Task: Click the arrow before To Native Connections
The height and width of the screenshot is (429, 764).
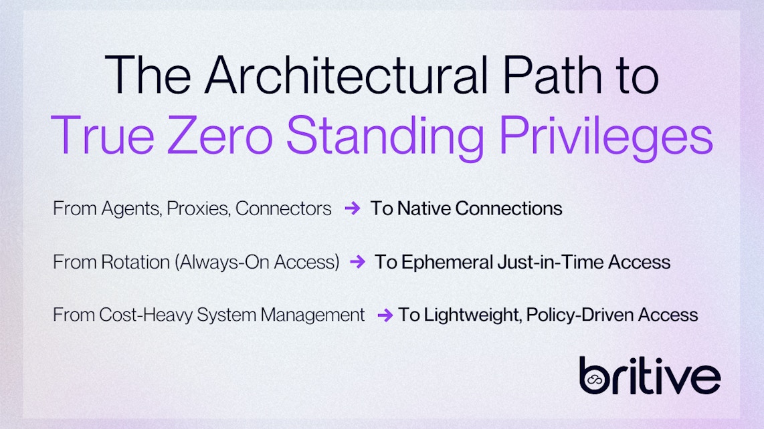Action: click(352, 208)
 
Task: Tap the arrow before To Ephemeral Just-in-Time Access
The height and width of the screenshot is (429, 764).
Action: click(357, 262)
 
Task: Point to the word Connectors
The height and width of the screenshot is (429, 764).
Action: click(284, 208)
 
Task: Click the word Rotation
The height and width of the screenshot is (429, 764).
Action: click(135, 262)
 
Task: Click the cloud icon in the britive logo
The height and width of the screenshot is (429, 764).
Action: click(591, 380)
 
